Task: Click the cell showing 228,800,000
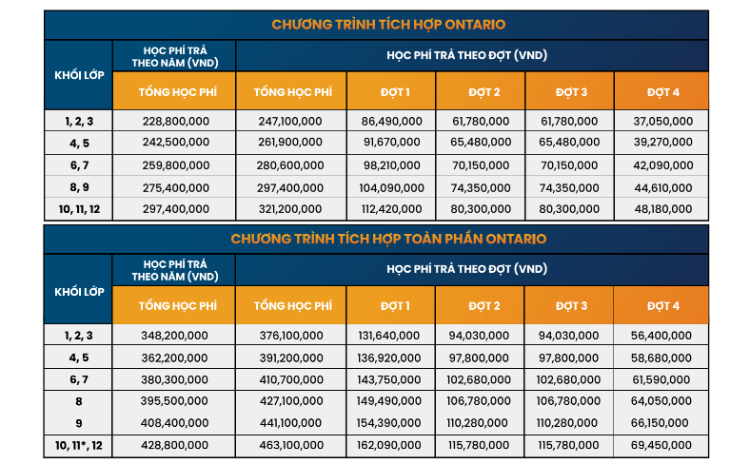pos(174,122)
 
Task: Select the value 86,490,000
pos(391,122)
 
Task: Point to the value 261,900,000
pos(290,144)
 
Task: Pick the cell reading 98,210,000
pos(391,165)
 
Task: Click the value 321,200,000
pos(290,209)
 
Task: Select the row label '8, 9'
pos(79,187)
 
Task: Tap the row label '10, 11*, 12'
pos(79,445)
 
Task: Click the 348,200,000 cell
pos(174,336)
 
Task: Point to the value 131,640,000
pos(391,336)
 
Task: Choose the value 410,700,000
pos(290,379)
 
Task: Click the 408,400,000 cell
pos(174,423)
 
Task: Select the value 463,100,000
pos(290,445)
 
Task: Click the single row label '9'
pos(79,423)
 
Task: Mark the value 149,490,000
pos(391,401)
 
